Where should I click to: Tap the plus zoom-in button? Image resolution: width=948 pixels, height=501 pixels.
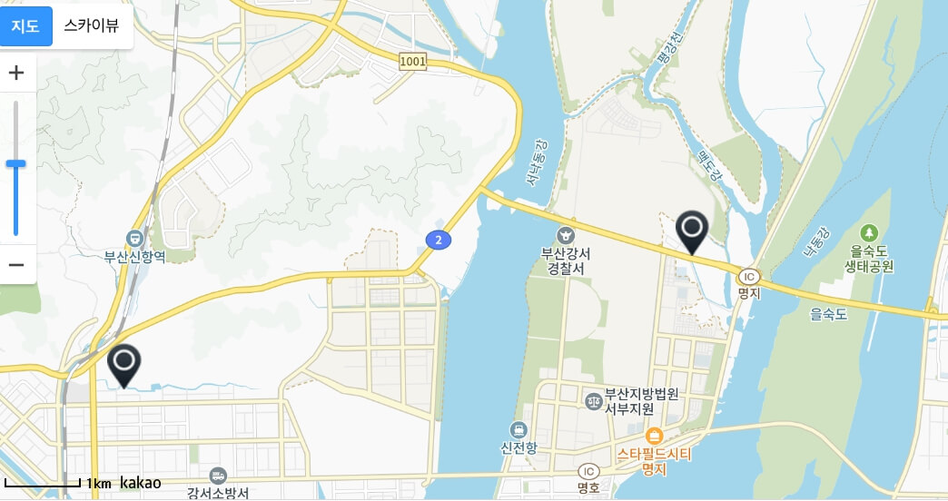click(16, 74)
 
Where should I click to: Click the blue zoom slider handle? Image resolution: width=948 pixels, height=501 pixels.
click(15, 164)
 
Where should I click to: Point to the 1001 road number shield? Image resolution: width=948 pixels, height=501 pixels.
click(411, 61)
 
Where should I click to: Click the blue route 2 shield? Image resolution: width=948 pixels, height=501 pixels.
click(439, 240)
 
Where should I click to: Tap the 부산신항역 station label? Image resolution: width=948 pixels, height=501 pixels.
click(134, 257)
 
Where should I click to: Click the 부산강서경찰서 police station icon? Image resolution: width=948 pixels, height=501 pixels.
click(568, 234)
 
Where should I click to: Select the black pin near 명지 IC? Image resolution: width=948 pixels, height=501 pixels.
click(693, 231)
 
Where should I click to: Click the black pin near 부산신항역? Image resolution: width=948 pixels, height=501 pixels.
click(123, 365)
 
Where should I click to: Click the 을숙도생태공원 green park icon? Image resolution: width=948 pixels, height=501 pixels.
click(870, 233)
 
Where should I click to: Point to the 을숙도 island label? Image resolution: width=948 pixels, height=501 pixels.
click(828, 315)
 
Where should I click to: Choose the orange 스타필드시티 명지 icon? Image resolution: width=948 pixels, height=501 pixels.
click(654, 435)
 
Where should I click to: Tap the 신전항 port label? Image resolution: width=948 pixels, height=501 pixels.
click(518, 447)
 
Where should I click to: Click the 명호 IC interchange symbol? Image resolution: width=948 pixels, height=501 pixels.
click(588, 470)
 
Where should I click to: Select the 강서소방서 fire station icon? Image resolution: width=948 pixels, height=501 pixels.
click(218, 475)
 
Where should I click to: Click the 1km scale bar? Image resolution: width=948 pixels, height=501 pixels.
click(43, 483)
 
